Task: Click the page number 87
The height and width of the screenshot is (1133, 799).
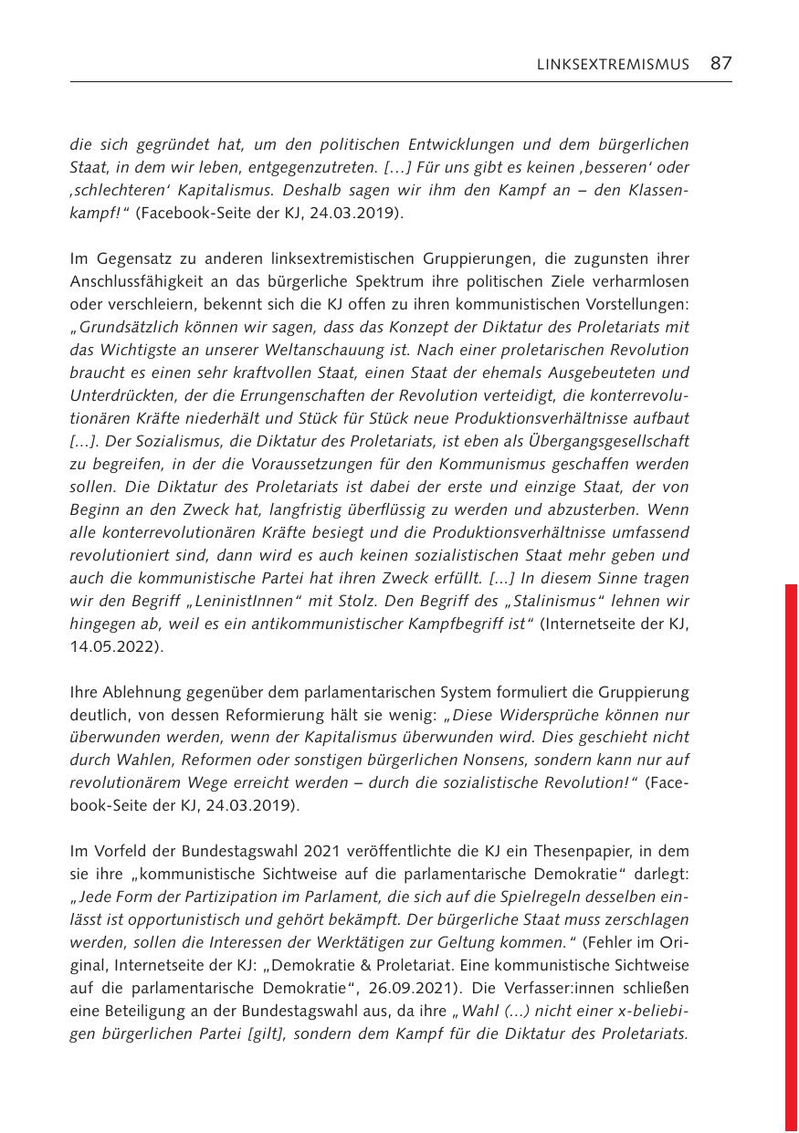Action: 720,63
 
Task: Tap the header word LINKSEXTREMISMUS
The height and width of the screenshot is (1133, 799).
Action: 613,64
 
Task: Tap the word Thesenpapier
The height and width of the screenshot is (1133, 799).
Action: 545,851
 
